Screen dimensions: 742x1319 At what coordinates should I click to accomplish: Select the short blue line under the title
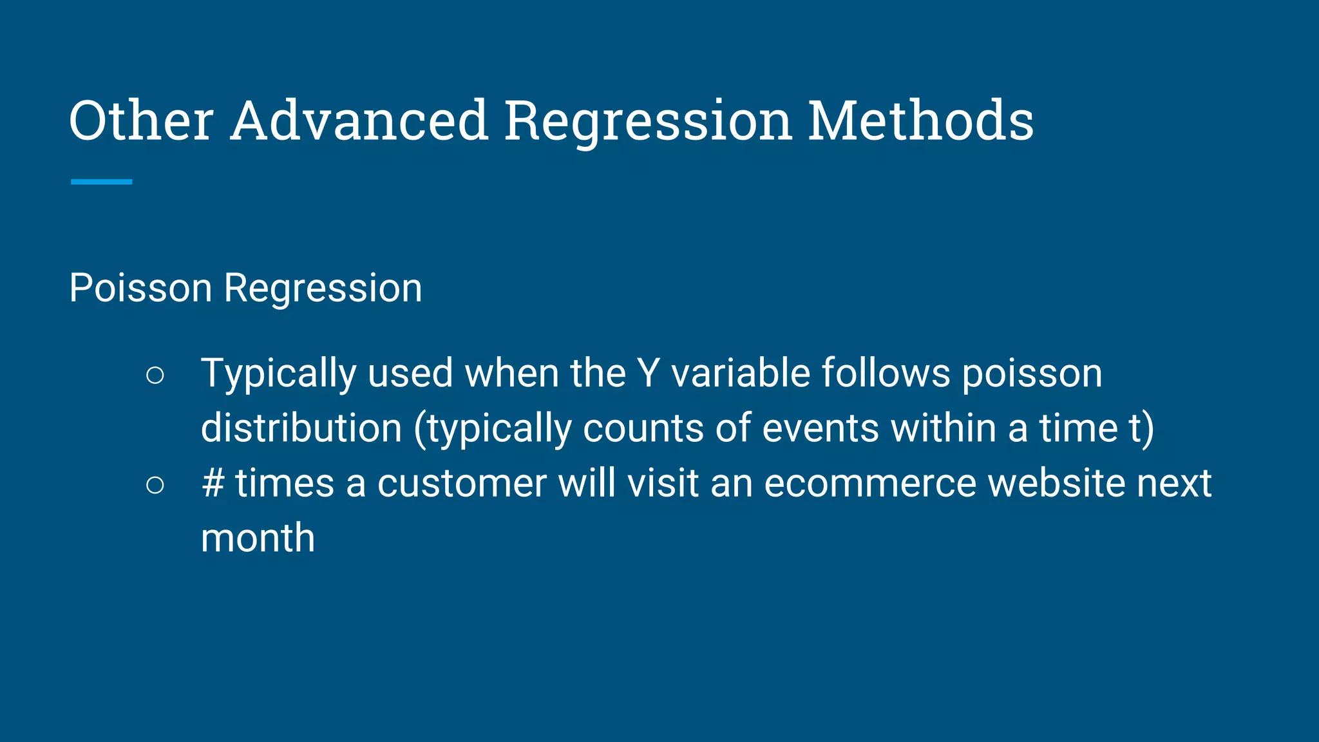click(101, 182)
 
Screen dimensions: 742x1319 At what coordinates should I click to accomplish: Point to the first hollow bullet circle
click(155, 375)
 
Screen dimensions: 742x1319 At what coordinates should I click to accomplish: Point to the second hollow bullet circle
click(155, 484)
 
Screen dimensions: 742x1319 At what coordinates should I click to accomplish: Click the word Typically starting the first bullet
click(278, 374)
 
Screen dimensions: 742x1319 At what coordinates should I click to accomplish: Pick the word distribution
click(301, 428)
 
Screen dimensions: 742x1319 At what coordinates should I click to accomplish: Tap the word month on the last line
click(258, 538)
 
